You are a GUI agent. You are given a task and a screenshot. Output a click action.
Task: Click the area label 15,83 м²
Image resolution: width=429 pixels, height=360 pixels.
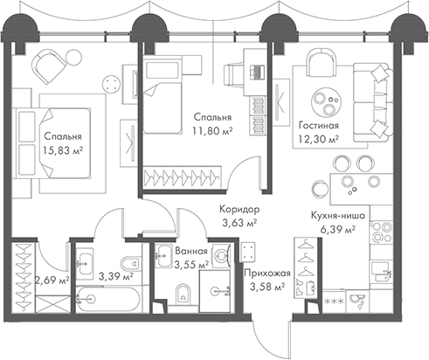click(63, 150)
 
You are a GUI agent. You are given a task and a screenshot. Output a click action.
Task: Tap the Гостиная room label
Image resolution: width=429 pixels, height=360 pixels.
click(319, 126)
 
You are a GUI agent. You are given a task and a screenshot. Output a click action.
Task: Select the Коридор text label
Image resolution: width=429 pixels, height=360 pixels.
click(239, 209)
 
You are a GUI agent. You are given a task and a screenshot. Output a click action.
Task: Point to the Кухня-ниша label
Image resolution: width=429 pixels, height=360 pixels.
click(338, 216)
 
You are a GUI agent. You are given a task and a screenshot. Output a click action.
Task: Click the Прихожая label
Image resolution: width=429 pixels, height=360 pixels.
click(267, 273)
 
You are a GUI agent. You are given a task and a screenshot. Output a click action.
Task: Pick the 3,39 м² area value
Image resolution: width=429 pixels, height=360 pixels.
click(116, 275)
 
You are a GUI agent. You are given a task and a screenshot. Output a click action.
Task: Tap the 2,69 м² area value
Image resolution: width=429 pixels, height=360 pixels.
click(52, 280)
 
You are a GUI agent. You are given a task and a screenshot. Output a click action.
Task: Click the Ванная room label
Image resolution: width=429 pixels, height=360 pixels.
click(191, 251)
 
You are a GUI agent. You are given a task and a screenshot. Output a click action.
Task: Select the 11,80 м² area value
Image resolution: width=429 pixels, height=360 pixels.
click(212, 131)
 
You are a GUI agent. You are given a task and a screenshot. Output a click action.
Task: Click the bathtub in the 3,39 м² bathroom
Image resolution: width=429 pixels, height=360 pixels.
click(108, 298)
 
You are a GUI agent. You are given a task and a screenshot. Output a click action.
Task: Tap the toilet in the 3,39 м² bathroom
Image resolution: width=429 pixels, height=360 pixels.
click(130, 264)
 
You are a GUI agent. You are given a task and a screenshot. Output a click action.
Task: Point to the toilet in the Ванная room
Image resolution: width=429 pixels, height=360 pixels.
click(183, 294)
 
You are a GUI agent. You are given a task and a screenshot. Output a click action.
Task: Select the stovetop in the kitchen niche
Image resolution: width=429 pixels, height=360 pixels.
click(381, 232)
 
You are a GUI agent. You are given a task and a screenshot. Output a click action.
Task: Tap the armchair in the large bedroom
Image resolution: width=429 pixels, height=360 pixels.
click(49, 66)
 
